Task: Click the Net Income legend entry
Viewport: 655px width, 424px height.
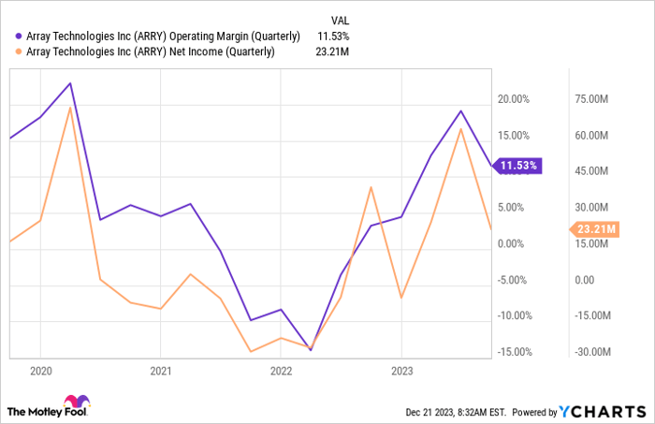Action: coord(151,51)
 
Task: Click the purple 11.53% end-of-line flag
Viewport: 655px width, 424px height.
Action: coord(517,166)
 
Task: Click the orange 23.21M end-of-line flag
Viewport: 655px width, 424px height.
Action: coord(593,228)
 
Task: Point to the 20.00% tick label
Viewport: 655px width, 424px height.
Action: coord(514,99)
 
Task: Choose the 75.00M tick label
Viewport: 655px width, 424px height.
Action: coord(592,99)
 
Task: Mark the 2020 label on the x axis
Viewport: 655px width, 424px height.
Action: coord(39,371)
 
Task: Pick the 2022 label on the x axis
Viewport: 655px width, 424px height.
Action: coord(281,371)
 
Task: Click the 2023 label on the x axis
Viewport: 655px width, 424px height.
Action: coord(400,371)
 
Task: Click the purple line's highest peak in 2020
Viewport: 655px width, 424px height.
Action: coord(70,83)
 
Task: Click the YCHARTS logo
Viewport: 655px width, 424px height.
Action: coord(602,411)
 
